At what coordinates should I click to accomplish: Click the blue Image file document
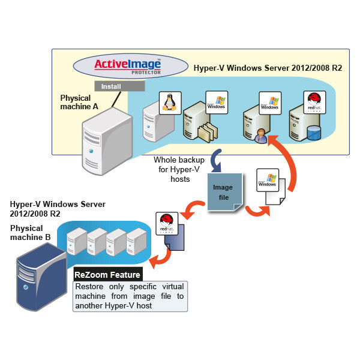tap(224, 191)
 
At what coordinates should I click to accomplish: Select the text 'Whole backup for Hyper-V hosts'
tap(179, 169)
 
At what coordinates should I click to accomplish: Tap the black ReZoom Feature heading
tap(107, 275)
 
